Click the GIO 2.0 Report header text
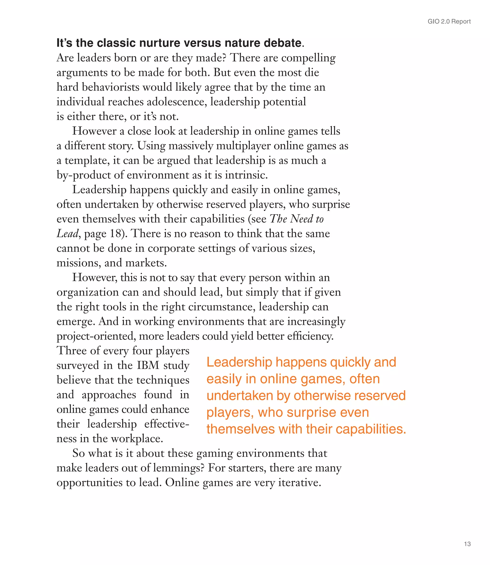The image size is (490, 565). click(x=449, y=22)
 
